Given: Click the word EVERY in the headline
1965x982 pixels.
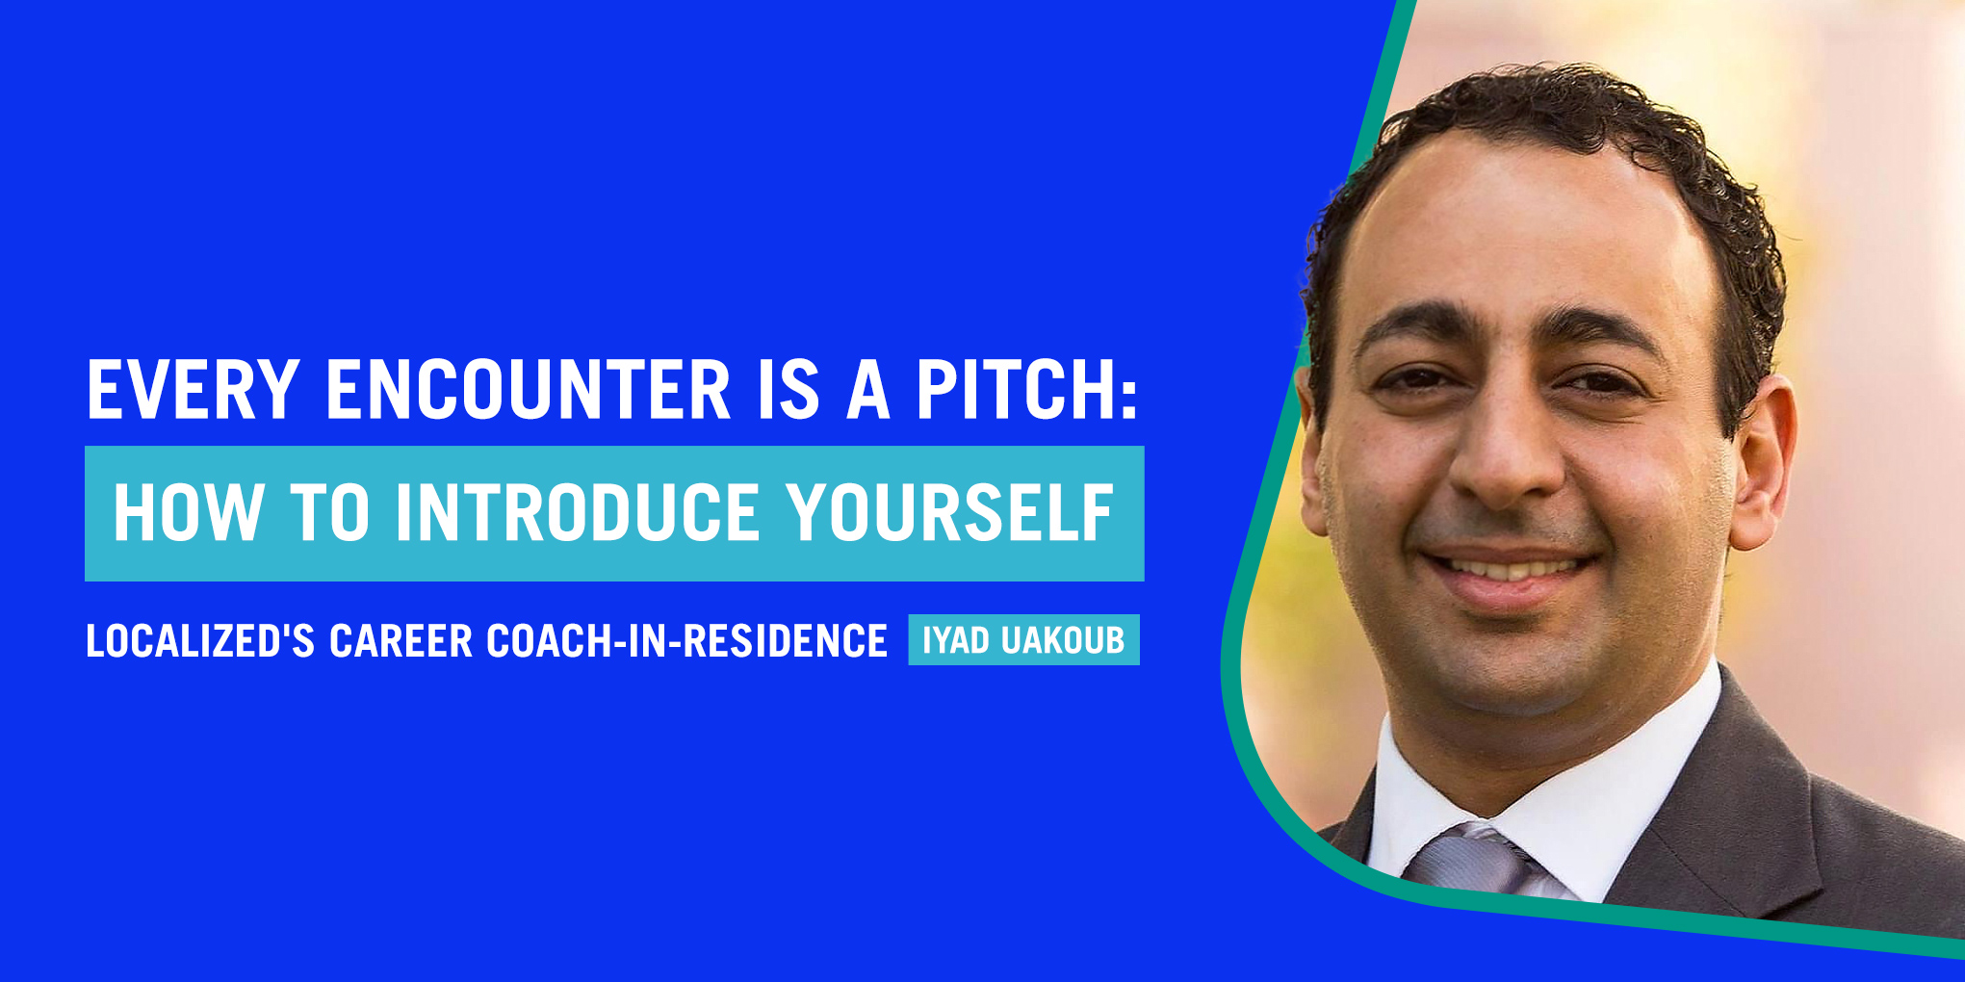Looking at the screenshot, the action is coord(193,390).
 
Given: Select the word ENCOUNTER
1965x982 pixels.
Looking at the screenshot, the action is coord(529,390).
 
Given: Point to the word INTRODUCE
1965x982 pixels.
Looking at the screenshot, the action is coord(578,512).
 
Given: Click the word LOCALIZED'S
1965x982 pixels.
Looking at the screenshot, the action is coord(200,641).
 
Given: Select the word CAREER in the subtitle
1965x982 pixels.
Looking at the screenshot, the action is coord(401,641).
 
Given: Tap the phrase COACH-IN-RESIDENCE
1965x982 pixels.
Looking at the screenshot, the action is coord(686,641).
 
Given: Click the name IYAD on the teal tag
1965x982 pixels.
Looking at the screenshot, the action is coord(957,640).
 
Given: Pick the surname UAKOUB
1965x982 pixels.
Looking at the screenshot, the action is coord(1063,640).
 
